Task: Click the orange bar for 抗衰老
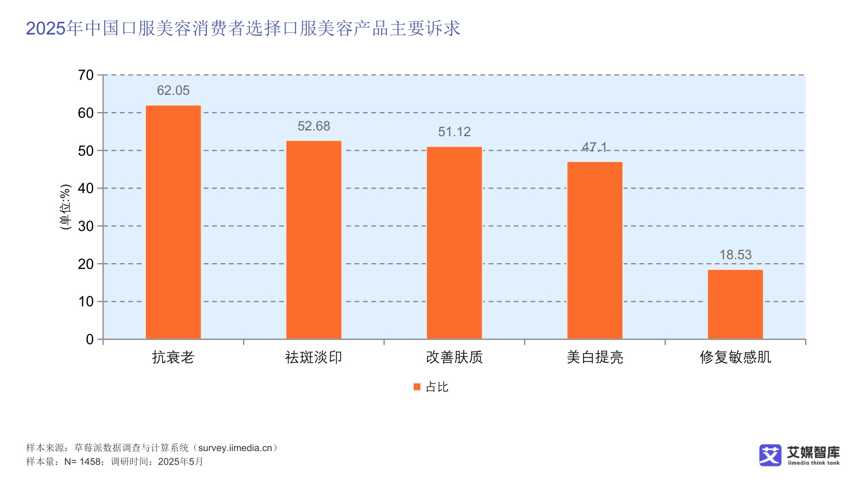173,222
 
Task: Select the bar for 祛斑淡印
314,240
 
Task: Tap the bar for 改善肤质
454,242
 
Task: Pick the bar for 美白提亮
595,250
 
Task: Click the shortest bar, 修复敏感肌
735,304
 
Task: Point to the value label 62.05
173,91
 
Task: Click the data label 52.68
314,126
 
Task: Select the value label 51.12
454,132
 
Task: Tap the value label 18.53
735,255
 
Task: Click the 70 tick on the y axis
86,75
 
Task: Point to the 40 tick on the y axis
86,188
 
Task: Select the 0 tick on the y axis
90,340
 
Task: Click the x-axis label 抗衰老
173,357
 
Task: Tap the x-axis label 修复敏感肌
735,357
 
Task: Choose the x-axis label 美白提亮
595,357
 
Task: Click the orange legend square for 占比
417,387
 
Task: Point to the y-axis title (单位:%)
66,207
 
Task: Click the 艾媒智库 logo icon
770,455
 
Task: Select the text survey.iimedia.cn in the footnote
235,448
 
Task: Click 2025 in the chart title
46,28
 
